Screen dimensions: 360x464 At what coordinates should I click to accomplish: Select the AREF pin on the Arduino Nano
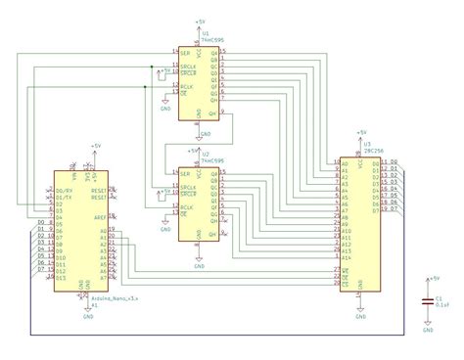(x=98, y=218)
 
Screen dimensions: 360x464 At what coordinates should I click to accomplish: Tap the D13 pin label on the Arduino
(x=62, y=279)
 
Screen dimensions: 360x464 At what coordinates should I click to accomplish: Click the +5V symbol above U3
(x=360, y=131)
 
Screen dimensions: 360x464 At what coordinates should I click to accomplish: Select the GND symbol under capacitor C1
(x=428, y=327)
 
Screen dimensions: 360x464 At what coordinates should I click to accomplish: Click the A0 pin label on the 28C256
(x=345, y=162)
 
